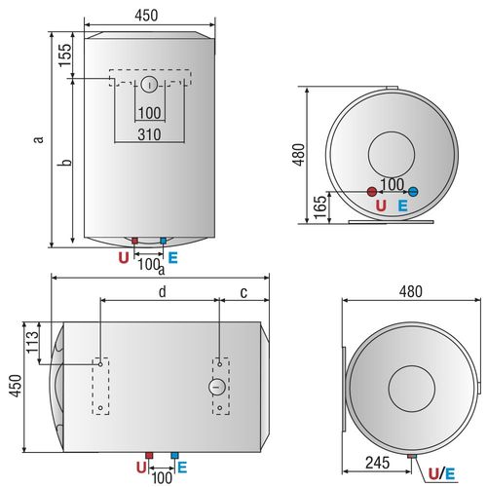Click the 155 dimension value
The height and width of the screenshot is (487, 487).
click(65, 56)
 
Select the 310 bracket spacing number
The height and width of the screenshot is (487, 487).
click(149, 134)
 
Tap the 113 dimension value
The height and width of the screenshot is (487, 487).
click(32, 342)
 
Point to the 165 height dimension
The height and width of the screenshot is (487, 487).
click(320, 207)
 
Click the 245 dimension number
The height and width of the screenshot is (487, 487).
click(378, 463)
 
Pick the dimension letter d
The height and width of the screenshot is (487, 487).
click(163, 291)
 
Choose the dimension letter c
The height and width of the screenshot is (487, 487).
click(243, 293)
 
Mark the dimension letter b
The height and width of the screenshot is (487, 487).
click(67, 163)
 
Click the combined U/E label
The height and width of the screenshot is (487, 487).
click(441, 474)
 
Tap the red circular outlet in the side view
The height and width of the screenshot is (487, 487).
click(372, 192)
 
